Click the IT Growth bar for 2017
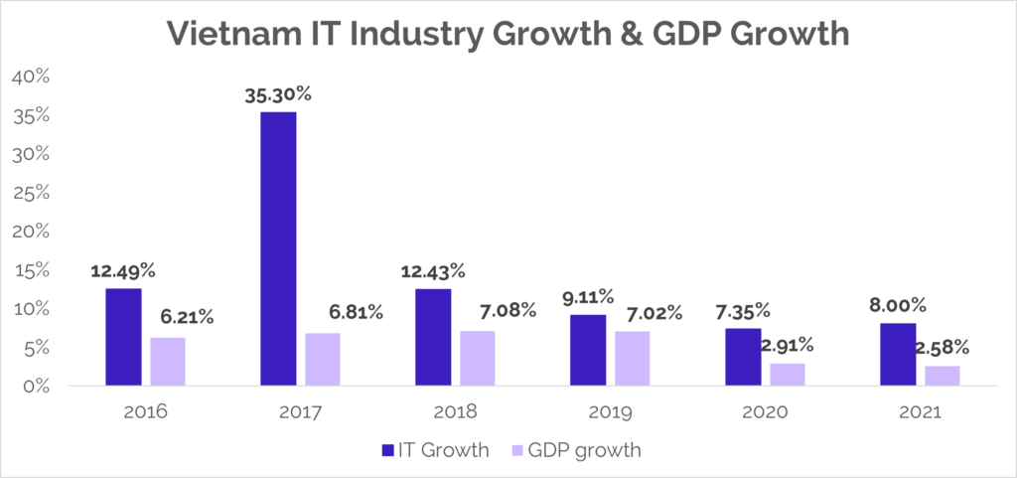coord(278,248)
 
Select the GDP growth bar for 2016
coord(167,361)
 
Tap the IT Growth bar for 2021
coord(898,354)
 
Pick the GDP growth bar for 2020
coord(788,374)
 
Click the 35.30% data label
coord(278,95)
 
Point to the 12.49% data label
coord(123,271)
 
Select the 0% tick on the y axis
coord(35,386)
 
